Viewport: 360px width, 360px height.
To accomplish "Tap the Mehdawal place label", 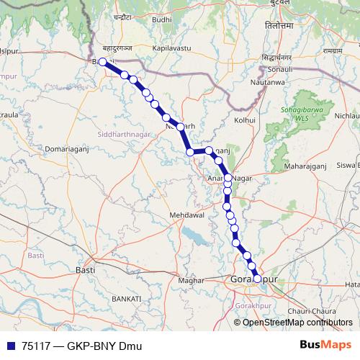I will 187,215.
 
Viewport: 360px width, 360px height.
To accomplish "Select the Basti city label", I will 85,270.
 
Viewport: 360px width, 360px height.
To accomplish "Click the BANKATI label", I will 126,297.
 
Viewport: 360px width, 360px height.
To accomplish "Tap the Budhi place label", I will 163,21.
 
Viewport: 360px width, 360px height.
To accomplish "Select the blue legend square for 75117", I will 10,346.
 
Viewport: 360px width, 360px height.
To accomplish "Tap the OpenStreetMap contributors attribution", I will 297,322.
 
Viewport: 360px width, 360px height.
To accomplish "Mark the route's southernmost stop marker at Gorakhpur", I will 258,278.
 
